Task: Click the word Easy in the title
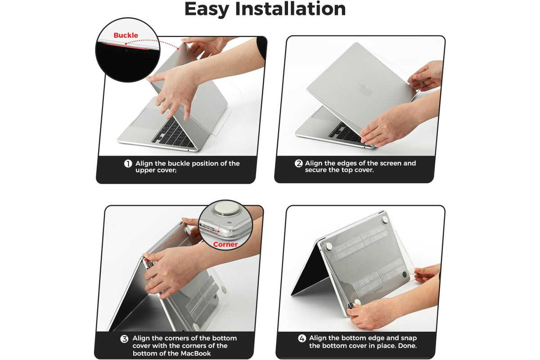(x=207, y=9)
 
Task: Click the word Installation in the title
(x=290, y=9)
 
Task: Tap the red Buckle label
(x=126, y=35)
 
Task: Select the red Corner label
(x=225, y=244)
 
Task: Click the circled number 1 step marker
(x=128, y=164)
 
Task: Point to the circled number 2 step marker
(x=298, y=163)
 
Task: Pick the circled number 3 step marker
(x=124, y=339)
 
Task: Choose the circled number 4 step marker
(x=302, y=338)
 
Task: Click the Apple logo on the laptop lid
(x=365, y=90)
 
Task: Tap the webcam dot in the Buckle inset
(x=126, y=51)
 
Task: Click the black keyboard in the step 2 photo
(x=347, y=133)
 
